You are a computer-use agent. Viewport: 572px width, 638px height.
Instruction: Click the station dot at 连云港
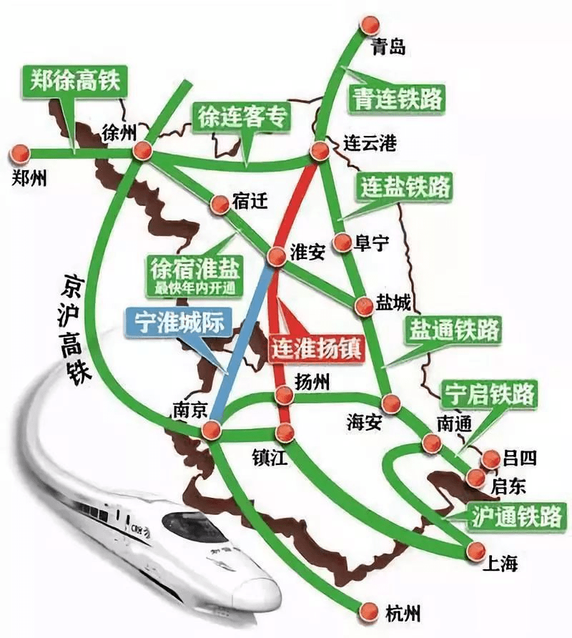click(x=320, y=150)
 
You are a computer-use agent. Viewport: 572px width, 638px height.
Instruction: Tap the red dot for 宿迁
click(x=219, y=204)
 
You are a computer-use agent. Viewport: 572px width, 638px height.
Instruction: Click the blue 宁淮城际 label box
click(x=174, y=321)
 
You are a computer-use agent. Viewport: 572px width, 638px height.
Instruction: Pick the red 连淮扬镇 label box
click(x=317, y=348)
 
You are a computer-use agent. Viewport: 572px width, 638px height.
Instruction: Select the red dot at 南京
click(x=209, y=431)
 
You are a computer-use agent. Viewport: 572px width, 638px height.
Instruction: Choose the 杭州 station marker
click(x=368, y=611)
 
